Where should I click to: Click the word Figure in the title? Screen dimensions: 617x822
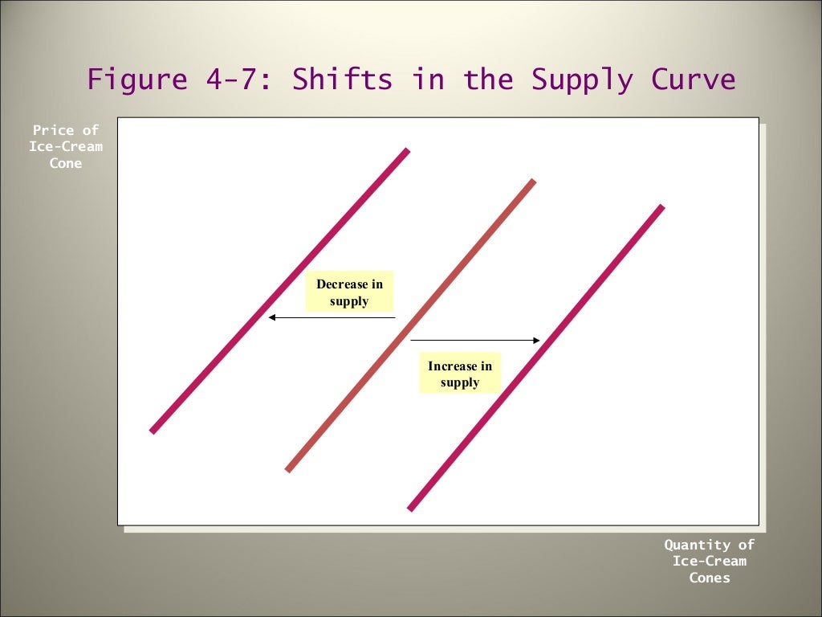tap(137, 80)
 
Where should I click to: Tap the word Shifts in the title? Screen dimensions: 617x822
tap(342, 80)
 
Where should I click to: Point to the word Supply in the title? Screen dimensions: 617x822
tap(581, 80)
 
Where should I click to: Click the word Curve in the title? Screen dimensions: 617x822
tap(695, 80)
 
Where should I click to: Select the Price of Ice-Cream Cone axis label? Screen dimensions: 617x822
tap(66, 146)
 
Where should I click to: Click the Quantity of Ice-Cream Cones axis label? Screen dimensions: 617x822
tap(710, 561)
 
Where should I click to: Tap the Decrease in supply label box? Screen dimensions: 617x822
tap(349, 292)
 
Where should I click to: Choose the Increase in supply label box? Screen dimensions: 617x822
tap(460, 374)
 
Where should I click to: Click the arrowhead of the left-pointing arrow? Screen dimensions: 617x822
tap(272, 317)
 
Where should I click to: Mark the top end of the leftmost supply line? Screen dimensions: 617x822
tap(407, 150)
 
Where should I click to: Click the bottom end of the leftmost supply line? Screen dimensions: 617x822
tap(153, 431)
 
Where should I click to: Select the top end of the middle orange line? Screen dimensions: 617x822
tap(532, 182)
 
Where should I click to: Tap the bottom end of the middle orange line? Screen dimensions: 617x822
tap(288, 469)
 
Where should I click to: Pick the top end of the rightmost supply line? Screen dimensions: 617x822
tap(661, 207)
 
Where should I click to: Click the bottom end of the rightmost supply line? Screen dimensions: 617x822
tap(410, 509)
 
